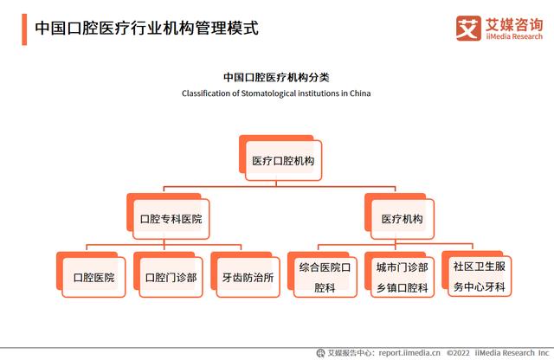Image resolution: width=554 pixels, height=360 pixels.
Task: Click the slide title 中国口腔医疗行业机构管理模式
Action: (146, 29)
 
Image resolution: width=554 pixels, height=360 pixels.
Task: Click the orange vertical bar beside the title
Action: (24, 29)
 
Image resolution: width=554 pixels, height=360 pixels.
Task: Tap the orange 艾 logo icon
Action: (468, 29)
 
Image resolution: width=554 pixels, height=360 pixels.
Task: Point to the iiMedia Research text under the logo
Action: (514, 36)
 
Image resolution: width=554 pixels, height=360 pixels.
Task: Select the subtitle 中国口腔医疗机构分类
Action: (276, 77)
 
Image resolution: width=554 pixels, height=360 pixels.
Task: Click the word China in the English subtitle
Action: (360, 93)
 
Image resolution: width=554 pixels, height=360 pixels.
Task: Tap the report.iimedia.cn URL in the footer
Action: (409, 353)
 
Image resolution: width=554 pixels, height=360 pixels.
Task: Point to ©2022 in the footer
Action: (458, 353)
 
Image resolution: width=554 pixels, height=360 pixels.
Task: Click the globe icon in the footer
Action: (320, 353)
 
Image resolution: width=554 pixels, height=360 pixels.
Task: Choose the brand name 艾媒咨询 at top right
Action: (514, 25)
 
